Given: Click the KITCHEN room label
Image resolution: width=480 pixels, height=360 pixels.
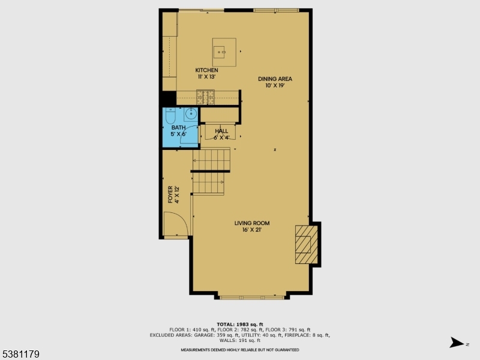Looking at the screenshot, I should click(206, 70).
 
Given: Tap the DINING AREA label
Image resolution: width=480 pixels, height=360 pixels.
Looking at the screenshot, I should click(275, 79).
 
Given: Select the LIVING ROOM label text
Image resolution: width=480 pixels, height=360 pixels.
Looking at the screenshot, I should click(248, 223).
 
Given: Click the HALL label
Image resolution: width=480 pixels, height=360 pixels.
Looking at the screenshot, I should click(221, 130).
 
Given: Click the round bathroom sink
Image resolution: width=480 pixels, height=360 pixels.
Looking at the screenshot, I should click(191, 114).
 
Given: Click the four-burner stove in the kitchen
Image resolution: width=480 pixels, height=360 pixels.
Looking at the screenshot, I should click(206, 95).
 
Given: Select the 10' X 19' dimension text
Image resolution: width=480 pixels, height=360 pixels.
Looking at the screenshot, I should click(275, 85).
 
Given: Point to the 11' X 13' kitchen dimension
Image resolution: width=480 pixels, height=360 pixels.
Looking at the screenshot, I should click(206, 77).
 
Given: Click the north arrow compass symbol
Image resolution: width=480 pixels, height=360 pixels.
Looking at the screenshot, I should click(458, 343).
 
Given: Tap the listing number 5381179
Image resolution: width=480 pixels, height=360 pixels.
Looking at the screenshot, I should click(20, 355).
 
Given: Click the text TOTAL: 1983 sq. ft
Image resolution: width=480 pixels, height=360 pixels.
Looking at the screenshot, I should click(239, 325).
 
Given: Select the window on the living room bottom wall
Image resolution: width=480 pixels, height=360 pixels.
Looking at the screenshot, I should click(251, 296).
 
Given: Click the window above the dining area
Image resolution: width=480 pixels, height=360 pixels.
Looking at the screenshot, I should click(275, 10).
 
